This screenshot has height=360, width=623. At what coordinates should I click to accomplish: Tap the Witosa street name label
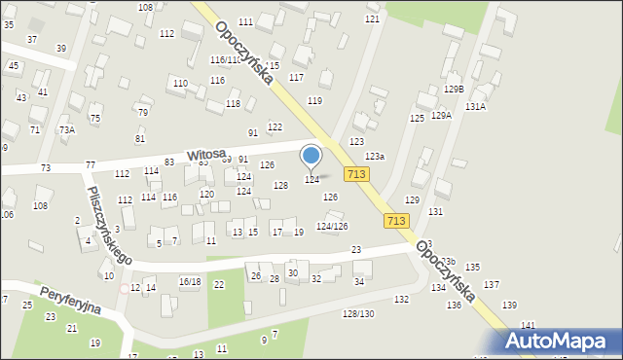click(206, 155)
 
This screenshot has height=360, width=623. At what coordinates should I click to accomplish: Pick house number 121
click(372, 19)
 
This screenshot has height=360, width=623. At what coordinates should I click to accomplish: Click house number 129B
click(455, 90)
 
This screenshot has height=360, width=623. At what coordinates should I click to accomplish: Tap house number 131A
click(475, 107)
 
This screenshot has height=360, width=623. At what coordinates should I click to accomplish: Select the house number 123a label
click(375, 157)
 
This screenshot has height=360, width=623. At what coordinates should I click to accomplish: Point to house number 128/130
click(358, 313)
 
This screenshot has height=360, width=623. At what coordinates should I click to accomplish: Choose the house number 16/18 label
click(189, 282)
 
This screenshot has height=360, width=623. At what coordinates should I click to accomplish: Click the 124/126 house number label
click(332, 227)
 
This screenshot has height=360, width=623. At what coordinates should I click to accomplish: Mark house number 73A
click(66, 129)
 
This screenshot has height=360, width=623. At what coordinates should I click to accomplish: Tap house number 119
click(314, 101)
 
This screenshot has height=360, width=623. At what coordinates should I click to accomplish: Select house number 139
click(509, 306)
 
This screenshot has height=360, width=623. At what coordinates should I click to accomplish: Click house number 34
click(358, 282)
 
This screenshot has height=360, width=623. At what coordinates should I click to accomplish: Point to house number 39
click(61, 48)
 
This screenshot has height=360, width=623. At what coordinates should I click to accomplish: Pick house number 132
click(401, 300)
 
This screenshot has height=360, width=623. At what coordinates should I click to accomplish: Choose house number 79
click(142, 113)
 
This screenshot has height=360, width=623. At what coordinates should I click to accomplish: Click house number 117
click(296, 77)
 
